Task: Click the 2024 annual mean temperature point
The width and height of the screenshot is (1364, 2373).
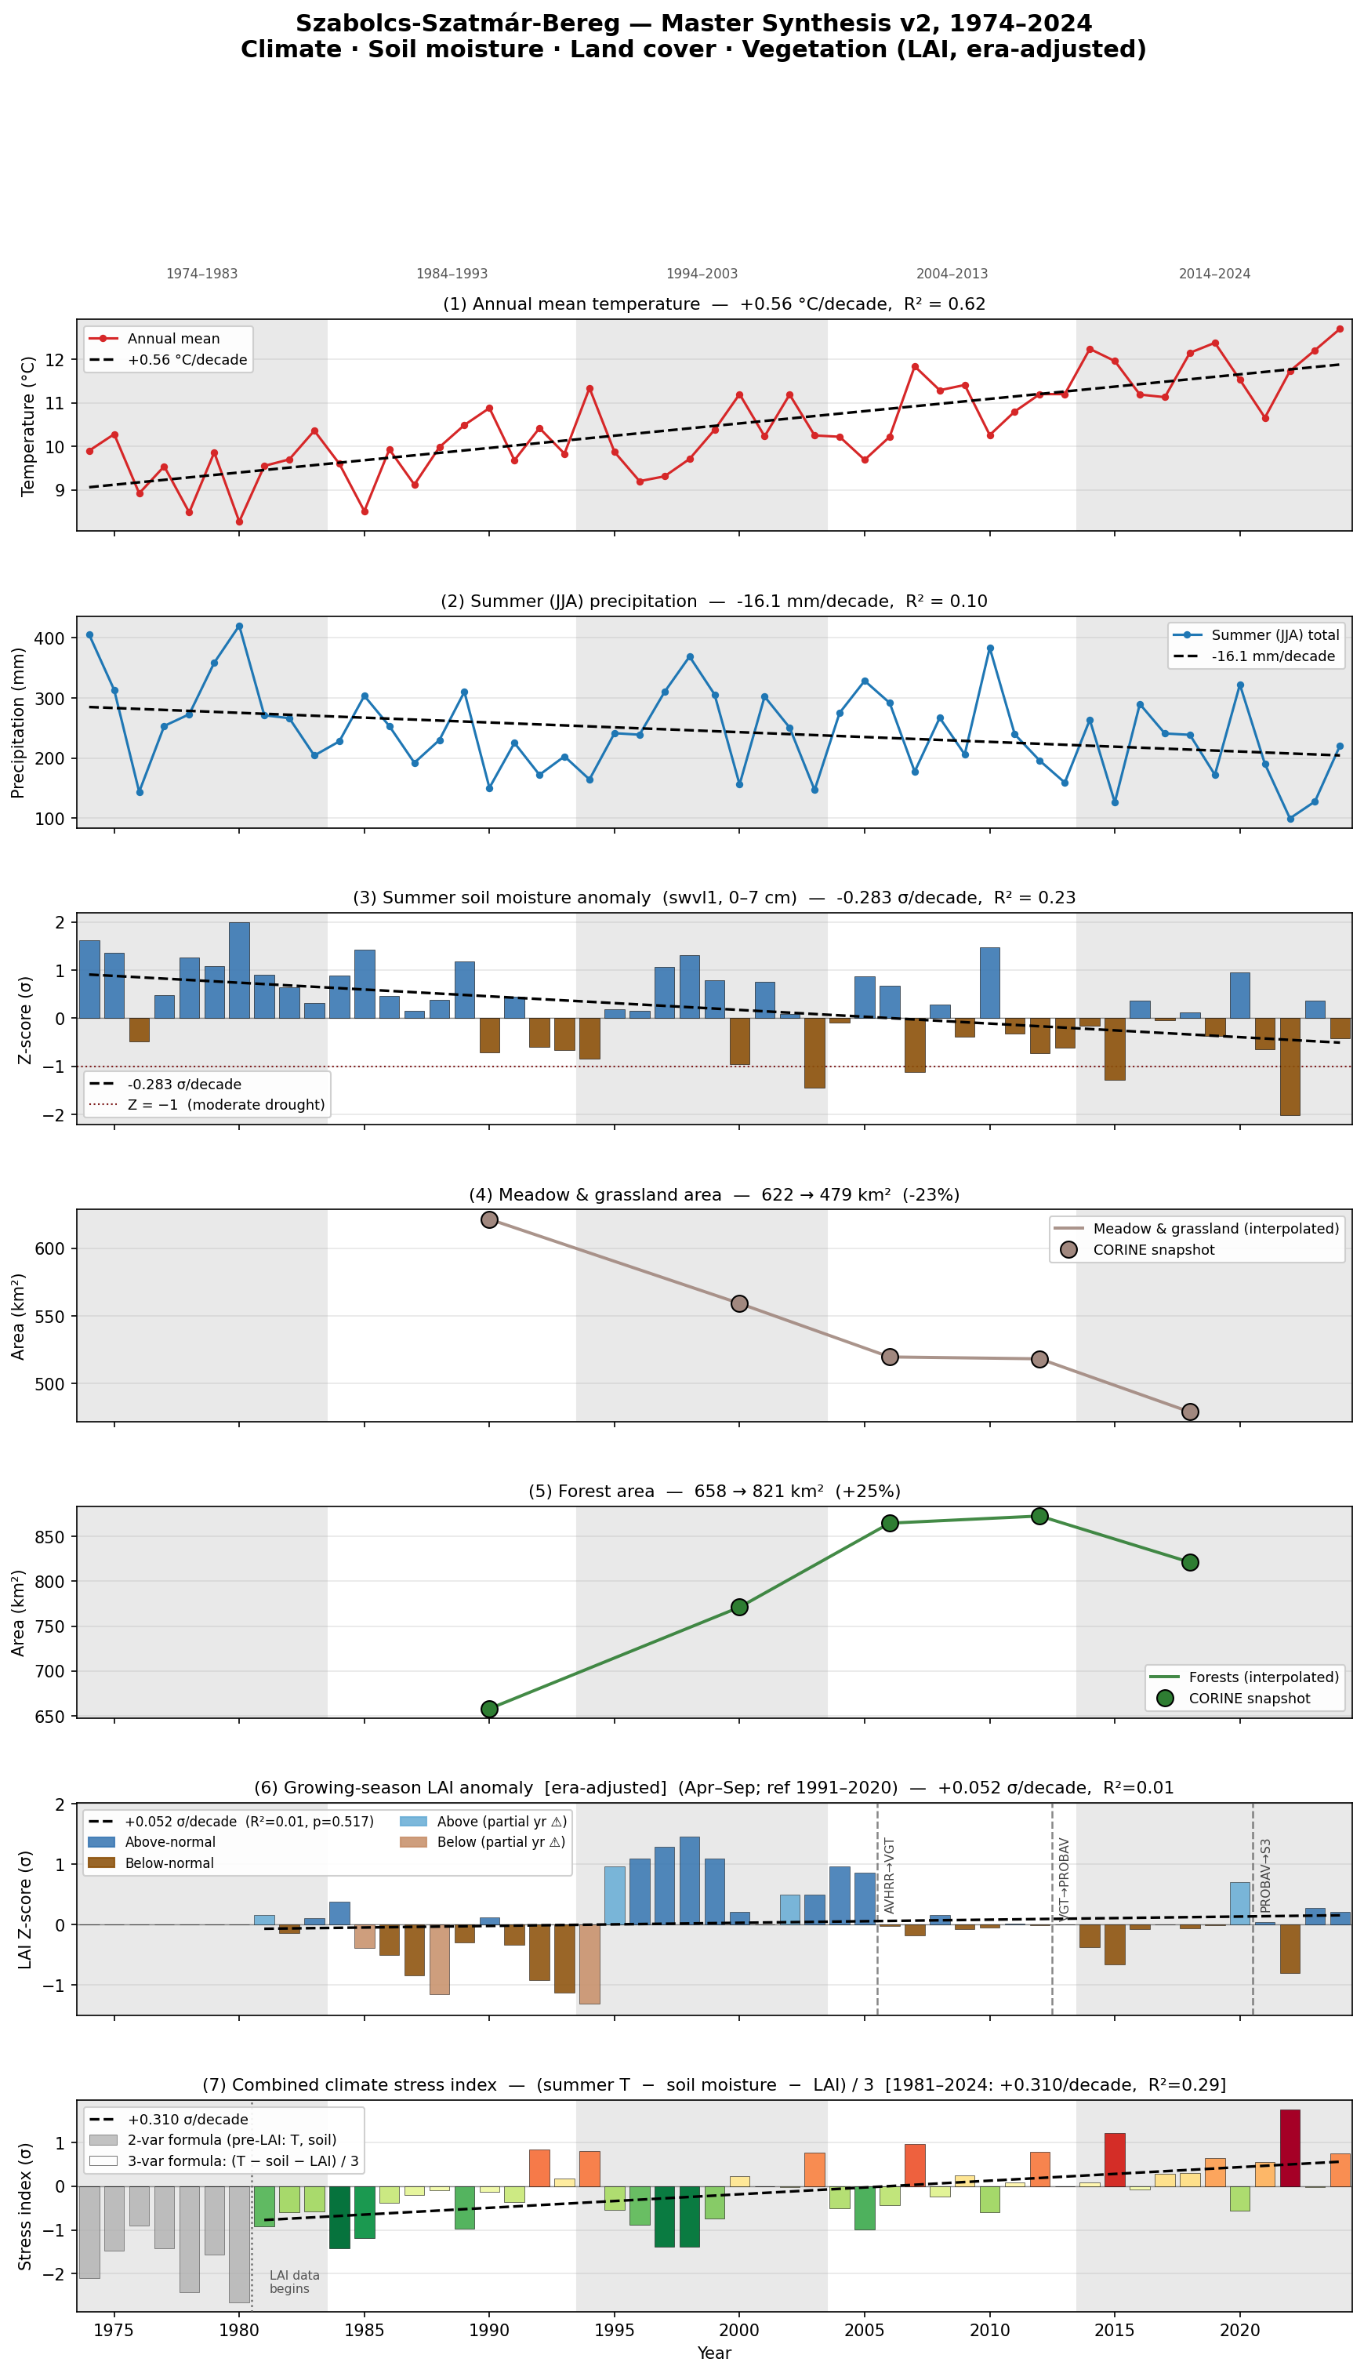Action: pyautogui.click(x=1340, y=329)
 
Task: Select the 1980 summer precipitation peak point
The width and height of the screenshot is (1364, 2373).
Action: pyautogui.click(x=239, y=626)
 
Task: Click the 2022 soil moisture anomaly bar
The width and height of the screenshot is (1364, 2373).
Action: pyautogui.click(x=1290, y=1067)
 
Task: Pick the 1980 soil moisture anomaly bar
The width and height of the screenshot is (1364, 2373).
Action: pyautogui.click(x=239, y=970)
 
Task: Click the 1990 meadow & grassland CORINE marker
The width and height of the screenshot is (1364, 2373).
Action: pyautogui.click(x=489, y=1219)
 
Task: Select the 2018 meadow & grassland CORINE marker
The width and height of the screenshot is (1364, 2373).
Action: pyautogui.click(x=1190, y=1412)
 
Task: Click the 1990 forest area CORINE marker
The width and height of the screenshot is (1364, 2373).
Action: pyautogui.click(x=489, y=1709)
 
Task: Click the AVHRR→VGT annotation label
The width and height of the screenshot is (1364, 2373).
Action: pyautogui.click(x=890, y=1875)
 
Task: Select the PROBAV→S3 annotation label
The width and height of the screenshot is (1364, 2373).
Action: pyautogui.click(x=1266, y=1875)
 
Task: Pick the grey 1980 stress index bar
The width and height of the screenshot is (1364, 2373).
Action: pyautogui.click(x=239, y=2244)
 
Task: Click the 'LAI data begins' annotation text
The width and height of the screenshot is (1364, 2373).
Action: pyautogui.click(x=294, y=2281)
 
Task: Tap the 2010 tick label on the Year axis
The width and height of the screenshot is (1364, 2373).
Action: pyautogui.click(x=990, y=2329)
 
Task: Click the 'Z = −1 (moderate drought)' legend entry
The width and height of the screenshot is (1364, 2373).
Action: pyautogui.click(x=207, y=1105)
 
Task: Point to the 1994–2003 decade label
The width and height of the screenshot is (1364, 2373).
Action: pyautogui.click(x=702, y=274)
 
